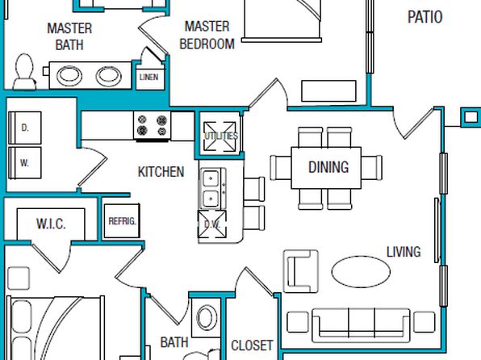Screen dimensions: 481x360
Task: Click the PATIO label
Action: point(425,17)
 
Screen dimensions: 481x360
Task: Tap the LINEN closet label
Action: point(148,77)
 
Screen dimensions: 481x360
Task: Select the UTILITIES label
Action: point(221,136)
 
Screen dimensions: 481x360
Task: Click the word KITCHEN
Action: point(161,172)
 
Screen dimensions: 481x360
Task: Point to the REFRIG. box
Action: point(122,221)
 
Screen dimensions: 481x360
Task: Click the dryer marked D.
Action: point(25,128)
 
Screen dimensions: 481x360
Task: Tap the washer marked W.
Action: point(25,163)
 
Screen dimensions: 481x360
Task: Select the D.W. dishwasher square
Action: point(212,224)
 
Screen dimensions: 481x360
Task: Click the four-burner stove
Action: point(152,126)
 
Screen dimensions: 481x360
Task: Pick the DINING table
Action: point(326,168)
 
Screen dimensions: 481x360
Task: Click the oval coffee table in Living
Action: point(361,271)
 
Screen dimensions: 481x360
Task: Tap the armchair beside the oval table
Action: point(300,271)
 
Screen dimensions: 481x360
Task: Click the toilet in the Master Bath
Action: point(24,72)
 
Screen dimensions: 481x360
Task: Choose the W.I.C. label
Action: point(51,224)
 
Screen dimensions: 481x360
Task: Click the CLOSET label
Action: point(252,345)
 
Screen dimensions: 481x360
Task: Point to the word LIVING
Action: point(404,252)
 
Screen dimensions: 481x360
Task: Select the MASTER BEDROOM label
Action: point(207,35)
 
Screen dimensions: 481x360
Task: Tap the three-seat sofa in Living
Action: point(361,325)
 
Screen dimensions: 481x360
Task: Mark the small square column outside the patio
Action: point(471,117)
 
